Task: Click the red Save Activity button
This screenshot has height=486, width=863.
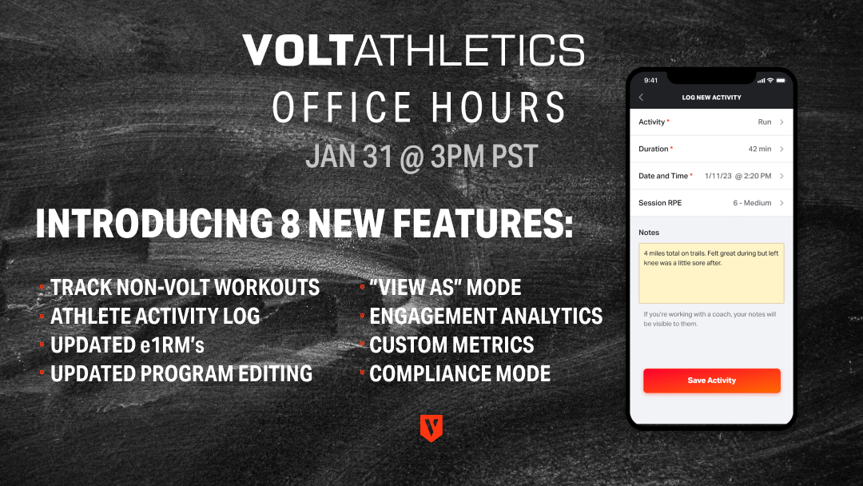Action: tap(711, 380)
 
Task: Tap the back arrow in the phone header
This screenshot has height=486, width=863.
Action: tap(641, 98)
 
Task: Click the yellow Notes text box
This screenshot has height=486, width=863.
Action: tap(711, 273)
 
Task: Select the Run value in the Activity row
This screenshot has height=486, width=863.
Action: tap(765, 122)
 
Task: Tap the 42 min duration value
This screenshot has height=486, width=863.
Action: tap(759, 149)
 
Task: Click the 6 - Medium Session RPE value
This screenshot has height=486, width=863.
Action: tap(752, 203)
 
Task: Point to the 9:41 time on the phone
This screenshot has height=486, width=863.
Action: tap(650, 80)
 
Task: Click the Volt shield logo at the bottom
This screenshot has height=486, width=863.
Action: tap(431, 428)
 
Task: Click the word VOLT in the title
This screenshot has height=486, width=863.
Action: tap(296, 51)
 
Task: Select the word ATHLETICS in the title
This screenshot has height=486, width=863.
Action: tap(469, 51)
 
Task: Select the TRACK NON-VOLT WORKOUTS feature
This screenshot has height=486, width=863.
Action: tap(185, 288)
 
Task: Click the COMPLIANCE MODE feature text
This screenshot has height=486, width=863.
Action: tap(459, 373)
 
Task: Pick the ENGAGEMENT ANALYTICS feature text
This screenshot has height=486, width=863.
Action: tap(486, 317)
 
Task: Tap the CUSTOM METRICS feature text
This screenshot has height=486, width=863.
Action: tap(451, 345)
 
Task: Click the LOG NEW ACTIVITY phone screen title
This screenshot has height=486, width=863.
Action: tap(711, 98)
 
